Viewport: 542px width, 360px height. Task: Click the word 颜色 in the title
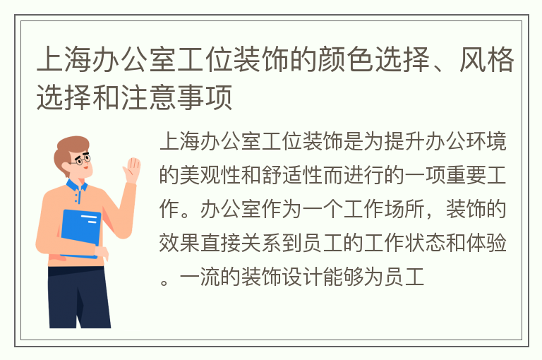tap(346, 60)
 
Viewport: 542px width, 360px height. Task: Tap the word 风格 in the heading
tap(487, 60)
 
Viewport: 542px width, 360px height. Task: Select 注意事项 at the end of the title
tap(177, 97)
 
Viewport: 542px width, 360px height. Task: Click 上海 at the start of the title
tap(64, 60)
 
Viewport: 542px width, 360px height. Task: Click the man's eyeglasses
tap(82, 160)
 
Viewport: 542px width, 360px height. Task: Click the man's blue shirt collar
tap(76, 187)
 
